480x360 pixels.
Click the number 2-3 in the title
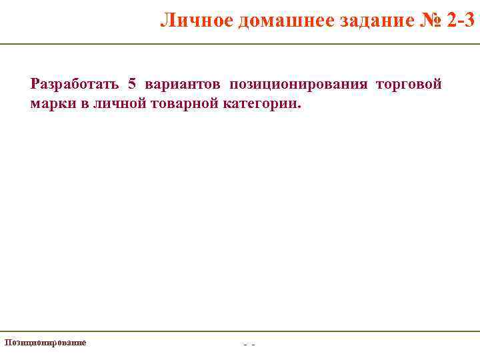click(461, 21)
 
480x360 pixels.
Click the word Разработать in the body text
click(75, 85)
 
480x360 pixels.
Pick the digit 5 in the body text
click(132, 85)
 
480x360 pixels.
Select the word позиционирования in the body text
click(299, 85)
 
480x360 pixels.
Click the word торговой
click(409, 85)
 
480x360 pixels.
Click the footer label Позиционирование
click(45, 342)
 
